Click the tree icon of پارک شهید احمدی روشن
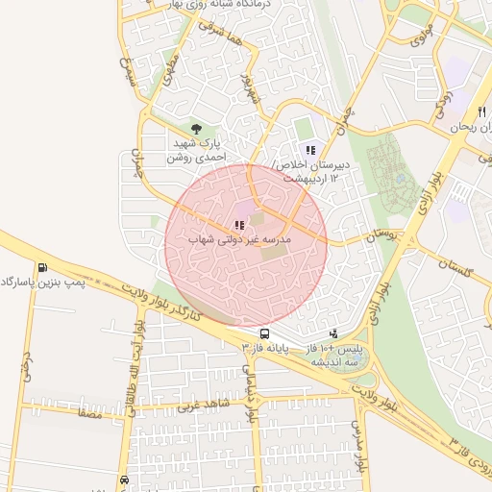tap(197, 128)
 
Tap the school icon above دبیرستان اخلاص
tap(309, 149)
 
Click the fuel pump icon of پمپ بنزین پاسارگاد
tap(41, 268)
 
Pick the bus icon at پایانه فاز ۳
tap(263, 333)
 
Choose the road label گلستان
tap(455, 269)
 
